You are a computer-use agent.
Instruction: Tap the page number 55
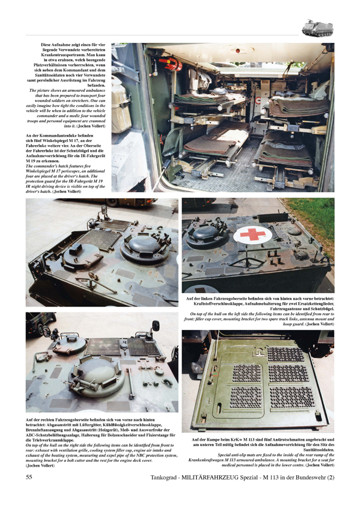[28, 494]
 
